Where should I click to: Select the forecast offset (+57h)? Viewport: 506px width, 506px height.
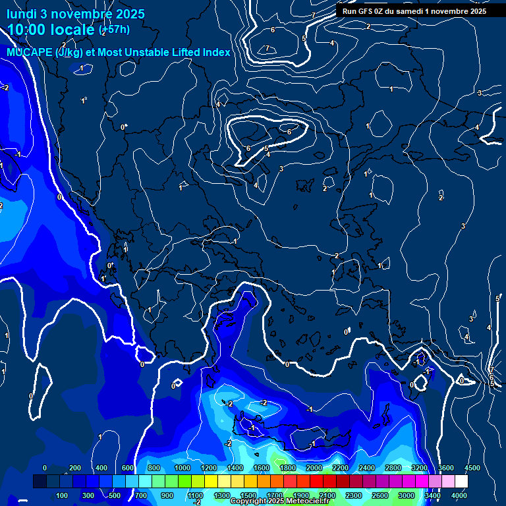point(114,30)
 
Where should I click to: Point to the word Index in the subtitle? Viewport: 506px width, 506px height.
point(216,53)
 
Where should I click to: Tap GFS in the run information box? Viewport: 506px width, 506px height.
point(366,11)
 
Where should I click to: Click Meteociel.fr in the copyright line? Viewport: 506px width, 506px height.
point(304,501)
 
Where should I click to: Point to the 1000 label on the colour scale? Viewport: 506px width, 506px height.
point(183,468)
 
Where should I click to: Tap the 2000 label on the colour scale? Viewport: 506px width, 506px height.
point(314,468)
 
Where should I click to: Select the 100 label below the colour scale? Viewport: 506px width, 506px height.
point(63,495)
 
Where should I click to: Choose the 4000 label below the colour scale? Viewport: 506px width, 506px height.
point(459,495)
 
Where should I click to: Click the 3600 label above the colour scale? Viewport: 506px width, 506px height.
point(446,468)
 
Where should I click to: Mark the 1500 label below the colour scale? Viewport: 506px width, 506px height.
point(248,495)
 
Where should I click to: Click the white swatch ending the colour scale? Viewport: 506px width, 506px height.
point(461,482)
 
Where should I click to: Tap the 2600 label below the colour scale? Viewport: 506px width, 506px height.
point(380,495)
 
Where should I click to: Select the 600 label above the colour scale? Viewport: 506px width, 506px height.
point(128,468)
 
